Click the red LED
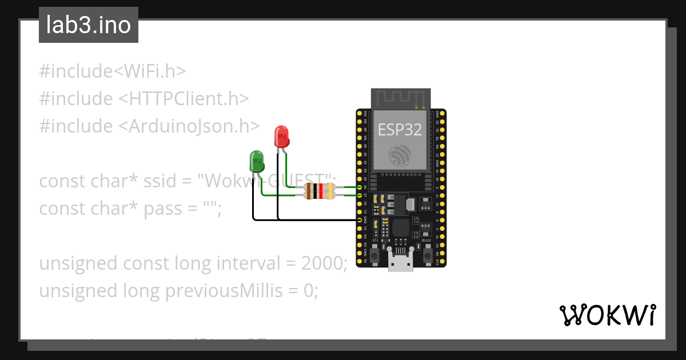[x=281, y=137]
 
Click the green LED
[x=257, y=161]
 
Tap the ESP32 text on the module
[x=400, y=130]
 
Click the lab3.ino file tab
[x=89, y=25]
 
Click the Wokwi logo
[x=607, y=315]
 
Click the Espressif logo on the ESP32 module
[x=400, y=156]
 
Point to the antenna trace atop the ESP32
[x=400, y=98]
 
